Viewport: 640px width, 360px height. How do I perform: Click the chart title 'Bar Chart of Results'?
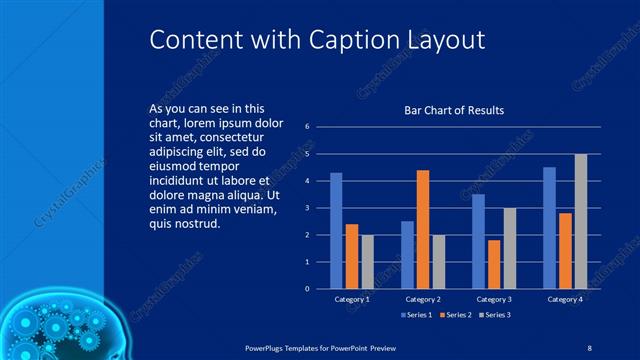pos(453,110)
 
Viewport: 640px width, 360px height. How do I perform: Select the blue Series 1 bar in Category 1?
pos(336,230)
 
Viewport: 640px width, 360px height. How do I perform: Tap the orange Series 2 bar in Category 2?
pos(422,229)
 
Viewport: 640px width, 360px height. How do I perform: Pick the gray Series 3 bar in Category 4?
pos(581,221)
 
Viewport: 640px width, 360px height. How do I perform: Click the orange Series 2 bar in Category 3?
pos(494,264)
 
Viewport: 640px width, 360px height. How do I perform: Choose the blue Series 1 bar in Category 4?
pos(549,227)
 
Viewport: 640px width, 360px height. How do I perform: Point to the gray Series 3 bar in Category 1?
pos(367,261)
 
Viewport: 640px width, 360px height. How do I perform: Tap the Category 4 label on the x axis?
pos(565,299)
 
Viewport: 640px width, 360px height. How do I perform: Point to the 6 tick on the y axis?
pos(307,126)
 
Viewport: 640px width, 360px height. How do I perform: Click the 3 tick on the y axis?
pos(307,207)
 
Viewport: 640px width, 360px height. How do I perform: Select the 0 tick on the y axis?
pos(307,288)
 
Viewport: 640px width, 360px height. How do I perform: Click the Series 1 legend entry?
pos(418,315)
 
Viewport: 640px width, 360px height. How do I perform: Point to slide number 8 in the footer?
pos(590,346)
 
